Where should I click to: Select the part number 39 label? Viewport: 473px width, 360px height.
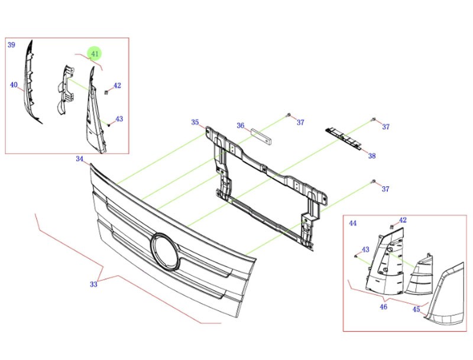point(11,45)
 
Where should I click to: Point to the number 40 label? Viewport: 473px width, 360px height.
point(14,85)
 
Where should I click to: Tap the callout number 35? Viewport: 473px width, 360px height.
point(195,122)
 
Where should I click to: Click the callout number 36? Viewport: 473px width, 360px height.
point(241,125)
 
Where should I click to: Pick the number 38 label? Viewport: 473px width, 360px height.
point(371,156)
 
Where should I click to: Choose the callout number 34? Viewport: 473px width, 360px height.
point(80,159)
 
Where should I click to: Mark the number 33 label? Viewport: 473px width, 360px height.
point(93,284)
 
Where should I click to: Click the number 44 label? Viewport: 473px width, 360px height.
point(352,223)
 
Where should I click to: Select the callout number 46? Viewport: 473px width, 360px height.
point(383,306)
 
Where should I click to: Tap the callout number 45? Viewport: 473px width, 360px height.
point(416,309)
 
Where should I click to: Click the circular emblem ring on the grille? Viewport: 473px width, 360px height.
point(165,250)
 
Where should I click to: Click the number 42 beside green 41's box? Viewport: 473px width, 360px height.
point(117,86)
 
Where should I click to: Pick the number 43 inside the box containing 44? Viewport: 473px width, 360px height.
point(365,249)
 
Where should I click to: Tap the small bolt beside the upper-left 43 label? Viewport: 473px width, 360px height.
point(110,124)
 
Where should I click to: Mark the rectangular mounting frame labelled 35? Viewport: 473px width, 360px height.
point(266,183)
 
